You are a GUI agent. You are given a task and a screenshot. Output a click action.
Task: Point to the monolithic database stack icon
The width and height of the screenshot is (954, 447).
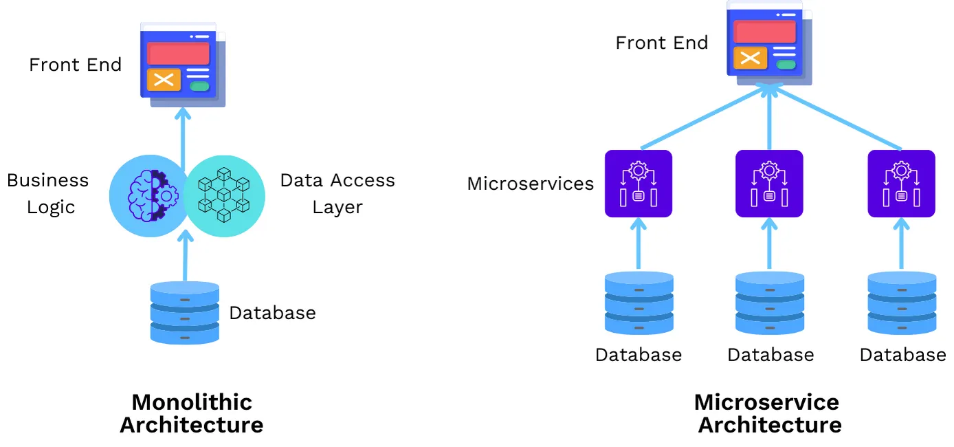click(x=185, y=313)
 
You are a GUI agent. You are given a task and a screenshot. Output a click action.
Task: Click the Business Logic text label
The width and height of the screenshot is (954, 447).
click(x=49, y=193)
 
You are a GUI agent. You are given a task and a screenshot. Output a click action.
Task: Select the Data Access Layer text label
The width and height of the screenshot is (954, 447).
click(x=337, y=193)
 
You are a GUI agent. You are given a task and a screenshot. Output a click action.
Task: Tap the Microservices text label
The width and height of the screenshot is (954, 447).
click(x=530, y=184)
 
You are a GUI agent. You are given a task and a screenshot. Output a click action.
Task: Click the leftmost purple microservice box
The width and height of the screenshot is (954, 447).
click(x=638, y=184)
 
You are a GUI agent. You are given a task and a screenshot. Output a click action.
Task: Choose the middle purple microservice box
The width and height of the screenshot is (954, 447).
click(x=769, y=184)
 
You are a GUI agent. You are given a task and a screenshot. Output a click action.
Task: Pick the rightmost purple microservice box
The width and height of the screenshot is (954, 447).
click(x=901, y=184)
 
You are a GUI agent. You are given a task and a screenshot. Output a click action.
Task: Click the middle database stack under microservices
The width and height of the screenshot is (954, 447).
click(x=770, y=303)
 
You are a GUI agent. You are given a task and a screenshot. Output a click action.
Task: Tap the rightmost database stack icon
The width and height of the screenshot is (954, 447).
click(x=902, y=303)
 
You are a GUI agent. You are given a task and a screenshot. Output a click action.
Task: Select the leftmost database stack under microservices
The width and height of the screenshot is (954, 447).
click(x=639, y=303)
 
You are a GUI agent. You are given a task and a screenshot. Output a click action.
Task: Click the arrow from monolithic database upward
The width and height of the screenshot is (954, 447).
click(x=184, y=258)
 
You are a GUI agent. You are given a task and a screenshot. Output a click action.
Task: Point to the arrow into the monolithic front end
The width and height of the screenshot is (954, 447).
click(x=182, y=134)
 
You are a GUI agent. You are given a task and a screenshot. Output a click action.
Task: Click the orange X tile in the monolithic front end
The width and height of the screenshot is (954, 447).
click(x=164, y=80)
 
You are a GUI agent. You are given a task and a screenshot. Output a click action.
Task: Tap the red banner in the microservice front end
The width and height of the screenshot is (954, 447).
click(x=764, y=32)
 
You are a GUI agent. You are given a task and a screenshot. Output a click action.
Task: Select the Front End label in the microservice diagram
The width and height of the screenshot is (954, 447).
click(x=661, y=43)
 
